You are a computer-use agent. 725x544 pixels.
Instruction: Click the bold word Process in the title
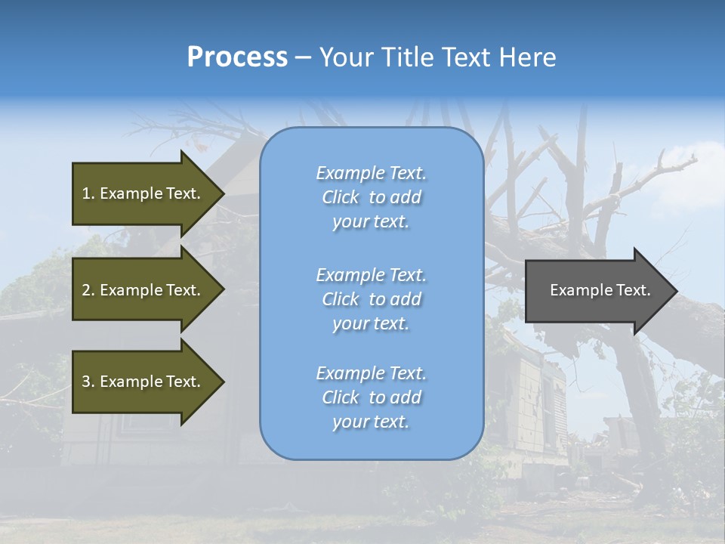(237, 57)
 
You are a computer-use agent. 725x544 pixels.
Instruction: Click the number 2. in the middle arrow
(88, 290)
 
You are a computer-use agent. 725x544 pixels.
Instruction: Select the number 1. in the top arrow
(88, 193)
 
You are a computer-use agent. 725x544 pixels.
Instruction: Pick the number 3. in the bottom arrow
(88, 382)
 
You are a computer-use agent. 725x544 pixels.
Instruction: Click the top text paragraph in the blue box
(371, 197)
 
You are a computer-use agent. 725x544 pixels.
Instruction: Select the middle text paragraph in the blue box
(371, 299)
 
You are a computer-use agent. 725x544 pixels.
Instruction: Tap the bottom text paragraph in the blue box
(371, 397)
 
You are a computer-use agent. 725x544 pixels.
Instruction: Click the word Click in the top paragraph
(341, 197)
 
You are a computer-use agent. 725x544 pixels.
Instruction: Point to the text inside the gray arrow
(600, 290)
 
